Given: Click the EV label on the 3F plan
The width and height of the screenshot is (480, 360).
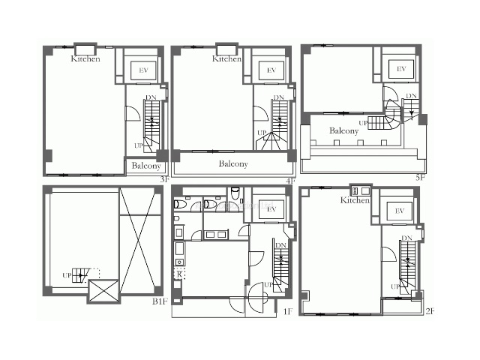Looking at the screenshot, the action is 143,70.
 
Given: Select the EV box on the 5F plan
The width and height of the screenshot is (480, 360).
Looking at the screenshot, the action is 401,69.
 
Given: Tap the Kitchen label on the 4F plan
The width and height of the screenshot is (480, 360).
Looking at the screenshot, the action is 226,58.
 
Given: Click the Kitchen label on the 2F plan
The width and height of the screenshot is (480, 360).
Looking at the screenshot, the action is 355,200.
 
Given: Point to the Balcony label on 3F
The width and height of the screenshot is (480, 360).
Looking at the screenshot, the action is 146,166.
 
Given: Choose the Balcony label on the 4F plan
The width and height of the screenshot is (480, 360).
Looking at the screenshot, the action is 233,163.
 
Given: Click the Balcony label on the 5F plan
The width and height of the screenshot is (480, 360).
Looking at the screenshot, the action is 343,130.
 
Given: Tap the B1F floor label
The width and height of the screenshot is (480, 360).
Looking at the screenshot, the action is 160,301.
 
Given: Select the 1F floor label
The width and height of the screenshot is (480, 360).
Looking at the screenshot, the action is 288,312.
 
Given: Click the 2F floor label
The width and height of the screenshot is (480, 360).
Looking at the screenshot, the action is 430,311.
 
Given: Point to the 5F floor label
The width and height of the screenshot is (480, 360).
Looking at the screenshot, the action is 421,177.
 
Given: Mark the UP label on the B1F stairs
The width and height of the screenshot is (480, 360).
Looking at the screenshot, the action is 67,275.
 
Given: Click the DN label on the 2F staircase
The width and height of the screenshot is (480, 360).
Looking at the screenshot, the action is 406,238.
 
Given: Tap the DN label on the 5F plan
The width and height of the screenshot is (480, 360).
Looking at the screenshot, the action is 411,96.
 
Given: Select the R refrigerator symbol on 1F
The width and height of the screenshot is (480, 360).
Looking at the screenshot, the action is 179,274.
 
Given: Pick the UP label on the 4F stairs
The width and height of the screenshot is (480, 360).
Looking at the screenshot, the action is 262,133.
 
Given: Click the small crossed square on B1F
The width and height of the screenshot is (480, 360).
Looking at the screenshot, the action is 103,291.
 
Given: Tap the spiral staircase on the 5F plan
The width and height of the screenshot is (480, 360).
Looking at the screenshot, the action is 392,115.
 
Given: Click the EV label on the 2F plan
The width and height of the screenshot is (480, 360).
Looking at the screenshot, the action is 399,211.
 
